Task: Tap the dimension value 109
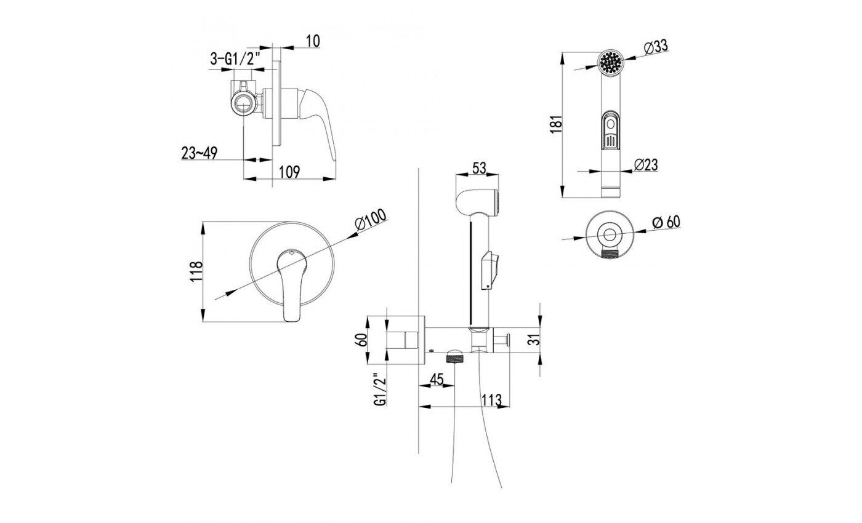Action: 289,172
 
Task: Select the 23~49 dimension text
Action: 199,153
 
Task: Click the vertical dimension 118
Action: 197,271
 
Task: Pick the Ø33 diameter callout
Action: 656,47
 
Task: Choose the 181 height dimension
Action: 557,124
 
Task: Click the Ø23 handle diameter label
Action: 646,165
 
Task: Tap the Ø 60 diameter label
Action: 666,222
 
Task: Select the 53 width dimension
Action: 479,168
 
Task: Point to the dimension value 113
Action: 492,400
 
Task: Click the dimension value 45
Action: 437,379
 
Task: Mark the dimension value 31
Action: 534,340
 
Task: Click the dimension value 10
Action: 313,41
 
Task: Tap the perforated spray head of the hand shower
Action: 611,62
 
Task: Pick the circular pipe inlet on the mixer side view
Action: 243,104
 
